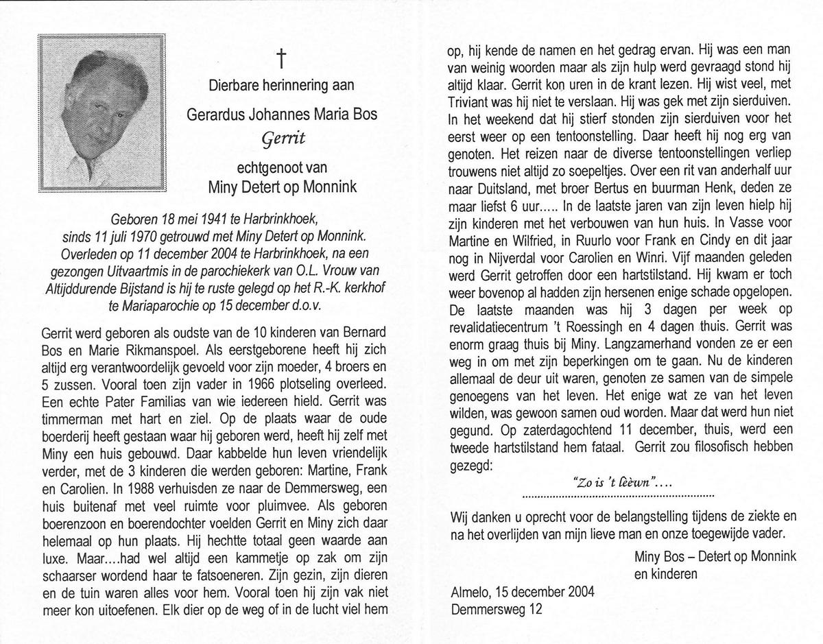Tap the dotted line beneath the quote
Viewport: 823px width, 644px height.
pos(618,495)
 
